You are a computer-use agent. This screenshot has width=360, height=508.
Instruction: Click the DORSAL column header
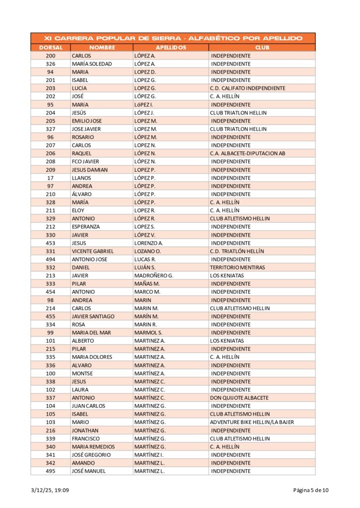(50, 48)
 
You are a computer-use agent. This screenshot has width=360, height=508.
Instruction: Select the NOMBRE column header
(102, 48)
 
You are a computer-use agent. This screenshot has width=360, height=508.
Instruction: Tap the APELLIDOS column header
(171, 48)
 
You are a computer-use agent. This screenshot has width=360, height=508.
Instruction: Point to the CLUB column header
(262, 48)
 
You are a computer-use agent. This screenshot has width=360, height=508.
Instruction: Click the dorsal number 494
(50, 259)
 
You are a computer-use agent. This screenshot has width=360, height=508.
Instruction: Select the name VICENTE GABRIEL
(92, 252)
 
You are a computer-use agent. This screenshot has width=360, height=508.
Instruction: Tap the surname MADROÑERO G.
(153, 276)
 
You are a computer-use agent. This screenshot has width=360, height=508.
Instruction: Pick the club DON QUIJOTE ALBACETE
(239, 398)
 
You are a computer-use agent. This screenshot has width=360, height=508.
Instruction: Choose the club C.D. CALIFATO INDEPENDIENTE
(247, 88)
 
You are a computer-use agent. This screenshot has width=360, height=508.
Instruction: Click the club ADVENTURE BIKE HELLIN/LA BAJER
(252, 422)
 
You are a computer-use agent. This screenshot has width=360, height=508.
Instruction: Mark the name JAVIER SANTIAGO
(93, 317)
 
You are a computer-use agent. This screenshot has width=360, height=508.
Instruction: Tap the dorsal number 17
(50, 178)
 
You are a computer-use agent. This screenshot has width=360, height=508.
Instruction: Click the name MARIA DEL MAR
(91, 333)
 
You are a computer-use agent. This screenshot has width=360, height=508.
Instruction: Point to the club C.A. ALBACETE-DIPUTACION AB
(247, 154)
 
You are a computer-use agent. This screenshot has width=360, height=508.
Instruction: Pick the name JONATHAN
(85, 431)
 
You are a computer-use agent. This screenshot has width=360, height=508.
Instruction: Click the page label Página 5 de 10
(310, 491)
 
